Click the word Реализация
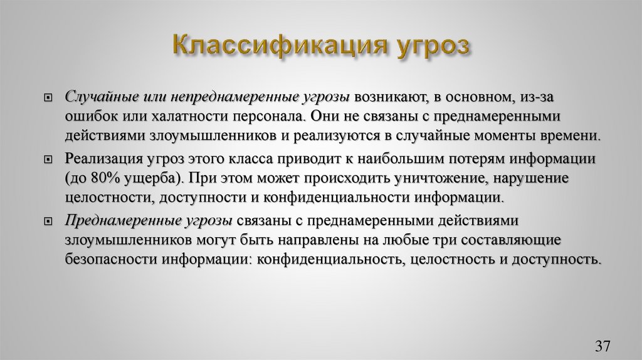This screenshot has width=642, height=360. [101, 159]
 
